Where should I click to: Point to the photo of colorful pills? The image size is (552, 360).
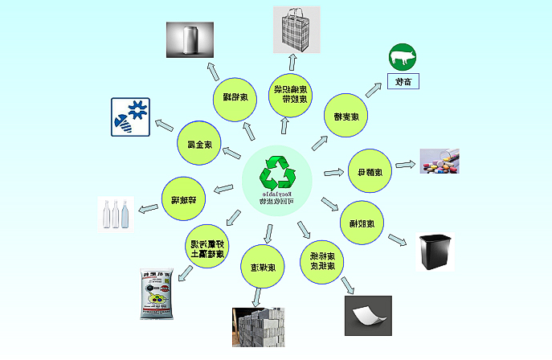[x=439, y=162]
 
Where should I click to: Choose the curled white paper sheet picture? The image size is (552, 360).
[x=367, y=315]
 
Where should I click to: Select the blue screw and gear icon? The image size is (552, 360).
[x=129, y=117]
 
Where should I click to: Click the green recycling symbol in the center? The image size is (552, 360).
[x=277, y=172]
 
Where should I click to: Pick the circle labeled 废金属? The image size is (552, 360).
[x=198, y=145]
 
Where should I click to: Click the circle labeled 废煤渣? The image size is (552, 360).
[x=263, y=266]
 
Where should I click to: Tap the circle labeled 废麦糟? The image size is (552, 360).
[x=346, y=116]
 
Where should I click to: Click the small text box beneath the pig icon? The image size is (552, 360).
[x=403, y=81]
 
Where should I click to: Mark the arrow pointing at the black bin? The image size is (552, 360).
[x=398, y=239]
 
